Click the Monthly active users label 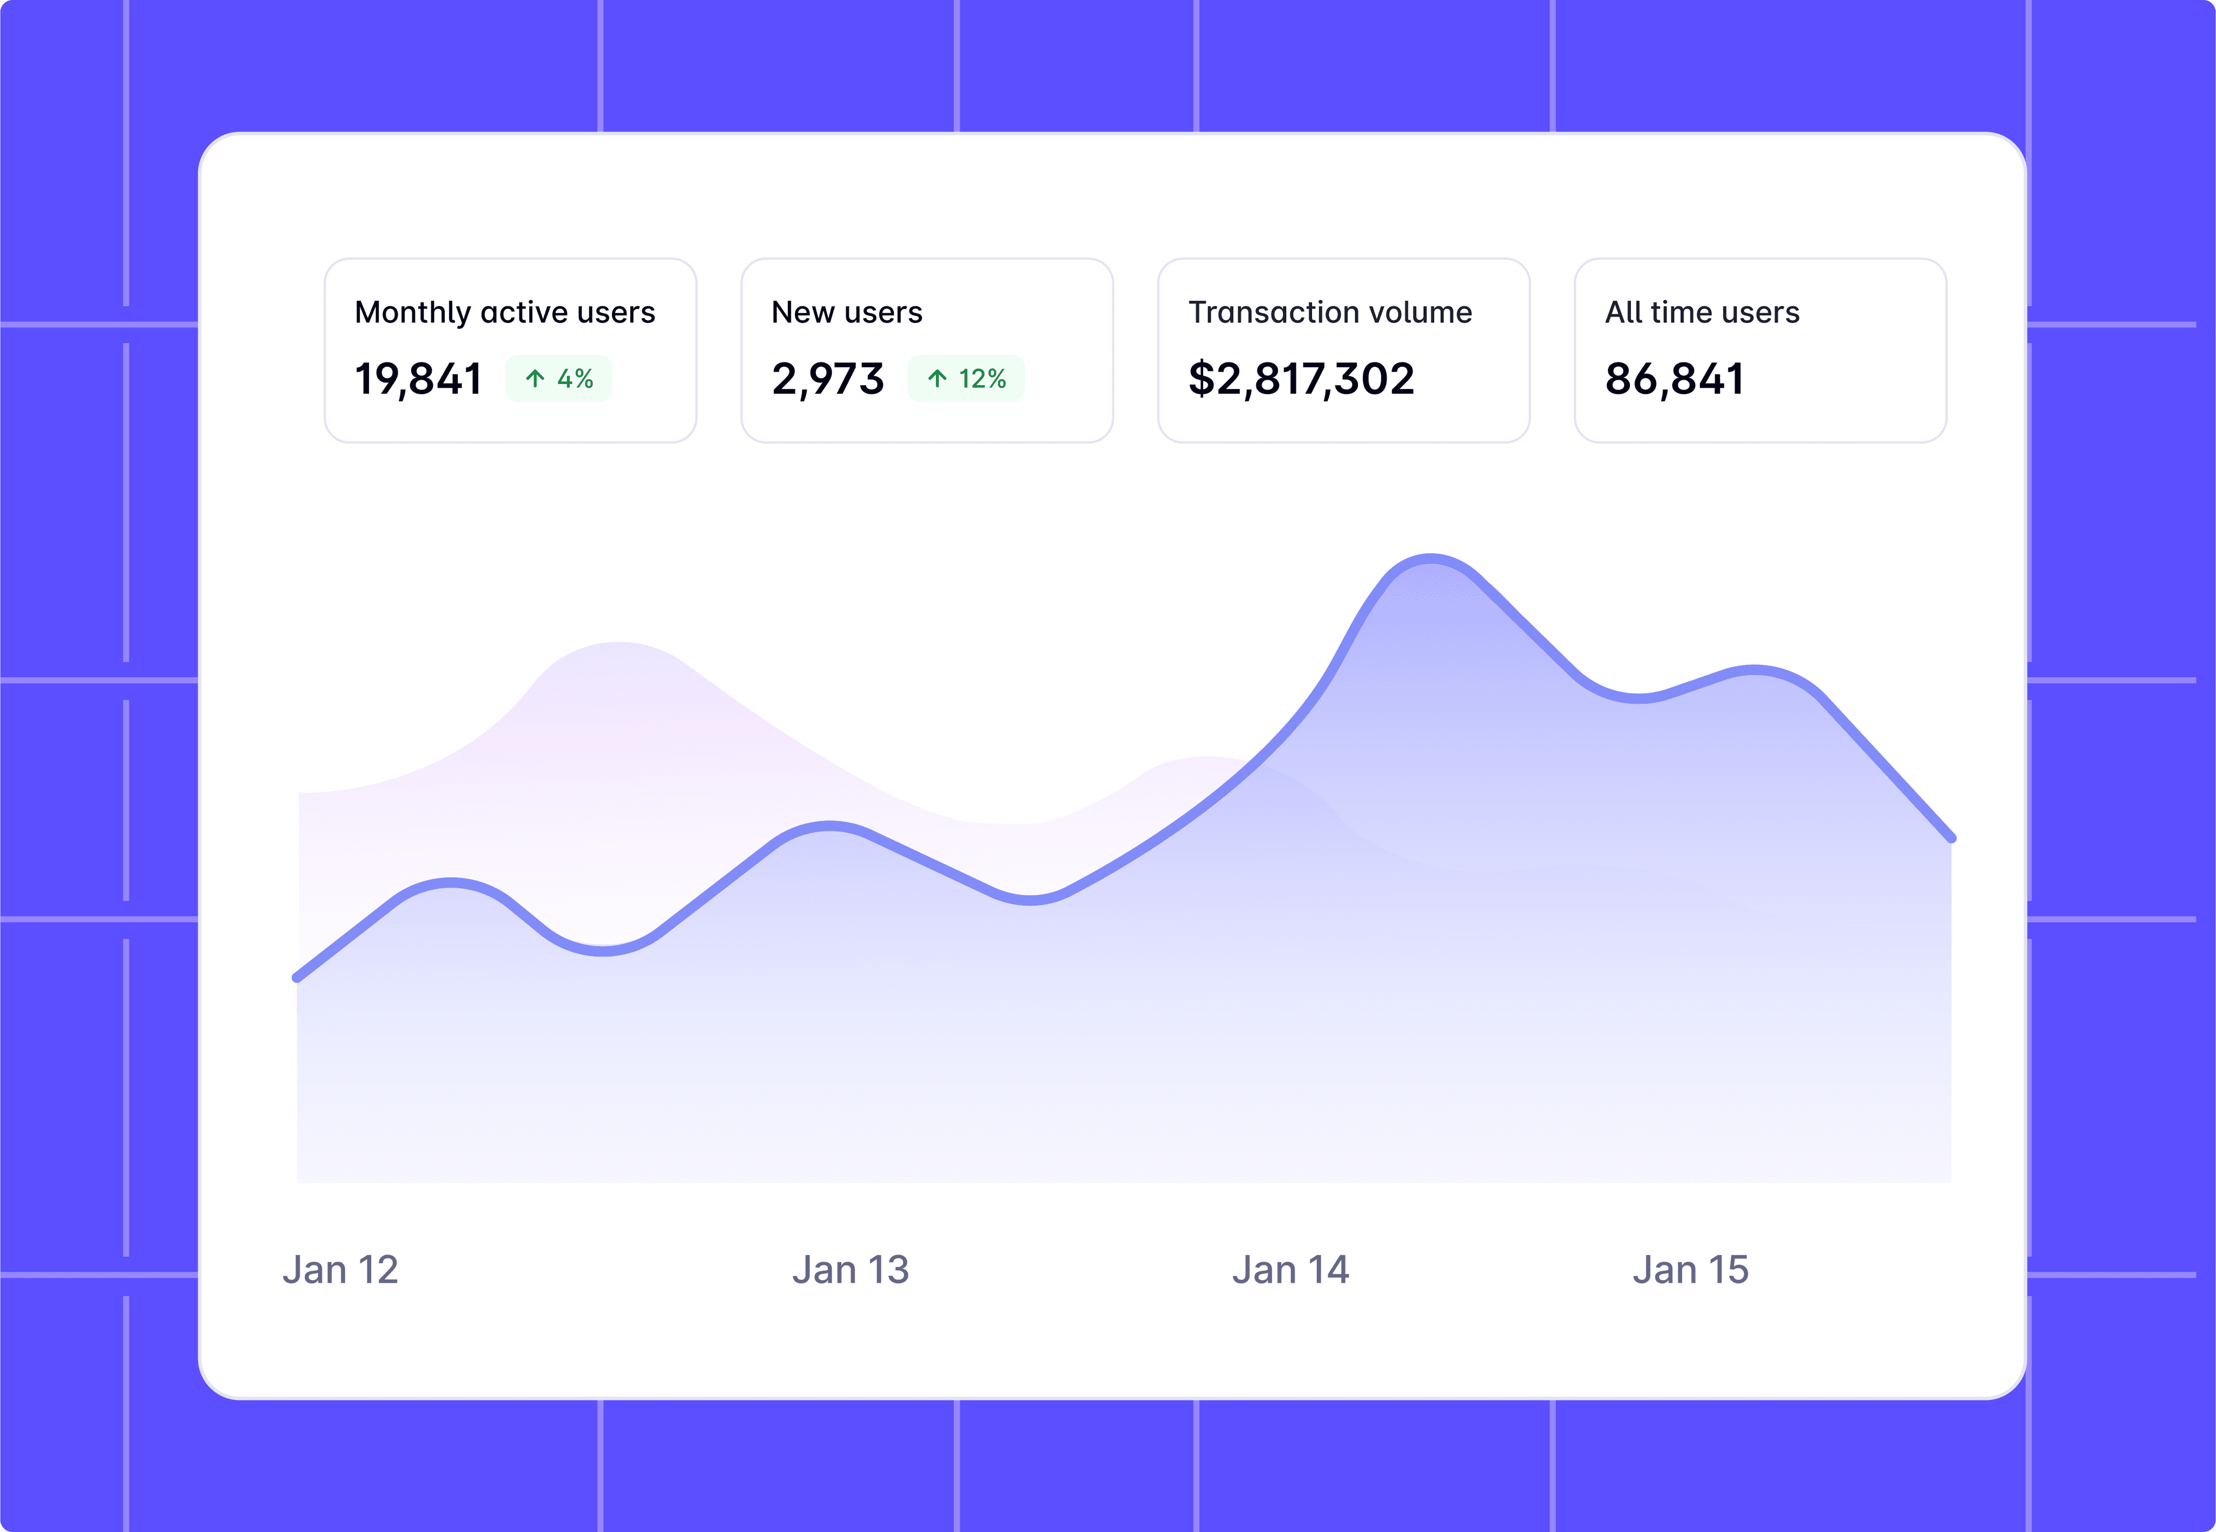click(505, 313)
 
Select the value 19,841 click(418, 379)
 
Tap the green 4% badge click(558, 379)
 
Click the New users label click(847, 313)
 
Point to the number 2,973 click(827, 379)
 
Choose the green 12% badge click(966, 379)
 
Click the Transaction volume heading click(1329, 313)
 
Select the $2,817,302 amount click(1301, 379)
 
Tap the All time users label click(1701, 313)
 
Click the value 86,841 click(1675, 379)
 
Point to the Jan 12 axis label click(340, 1270)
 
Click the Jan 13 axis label click(850, 1270)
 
